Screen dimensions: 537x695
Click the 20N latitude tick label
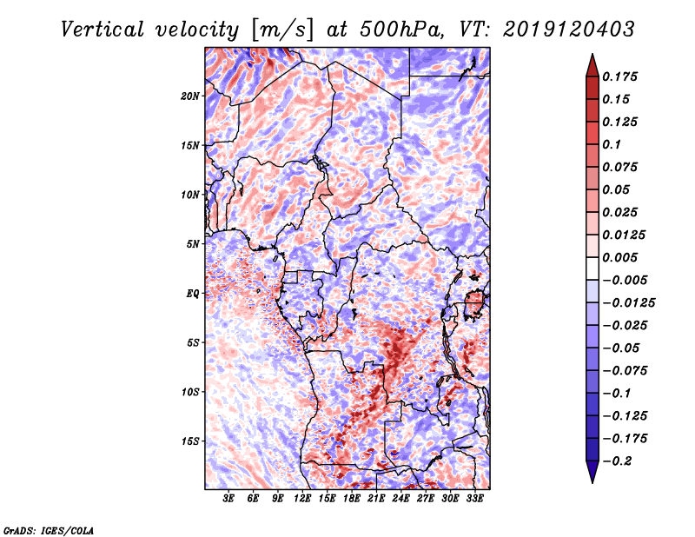click(190, 96)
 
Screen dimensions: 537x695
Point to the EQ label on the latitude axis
click(192, 294)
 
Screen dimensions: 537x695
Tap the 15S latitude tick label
click(190, 441)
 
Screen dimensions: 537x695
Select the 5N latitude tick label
click(193, 244)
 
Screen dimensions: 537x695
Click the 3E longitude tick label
click(229, 499)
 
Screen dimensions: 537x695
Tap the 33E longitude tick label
click(475, 499)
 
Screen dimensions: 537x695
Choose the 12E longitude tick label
click(303, 499)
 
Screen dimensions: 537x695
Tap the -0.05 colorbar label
click(621, 348)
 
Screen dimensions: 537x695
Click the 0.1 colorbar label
click(613, 144)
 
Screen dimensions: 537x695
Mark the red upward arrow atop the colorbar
click(591, 63)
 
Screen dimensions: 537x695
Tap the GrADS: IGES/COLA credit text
click(48, 528)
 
